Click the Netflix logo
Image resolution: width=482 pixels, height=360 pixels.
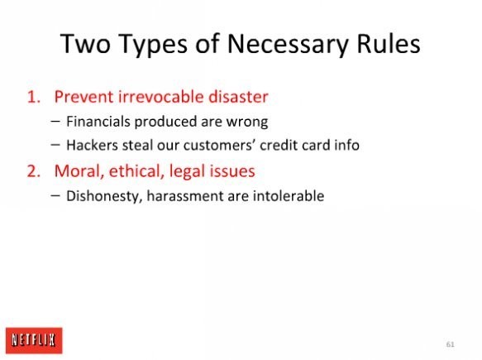[34, 340]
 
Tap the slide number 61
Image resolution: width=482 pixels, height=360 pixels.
[450, 344]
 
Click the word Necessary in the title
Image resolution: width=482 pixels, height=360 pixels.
[288, 45]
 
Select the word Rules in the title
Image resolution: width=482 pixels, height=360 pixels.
[389, 44]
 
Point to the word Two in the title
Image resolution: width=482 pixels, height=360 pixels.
[85, 44]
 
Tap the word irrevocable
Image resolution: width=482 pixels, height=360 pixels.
[160, 96]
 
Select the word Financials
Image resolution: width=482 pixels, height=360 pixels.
[98, 121]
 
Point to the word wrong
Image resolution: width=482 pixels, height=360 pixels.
[247, 122]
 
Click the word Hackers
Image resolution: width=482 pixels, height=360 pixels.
[92, 145]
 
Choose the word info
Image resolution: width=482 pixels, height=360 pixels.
[347, 145]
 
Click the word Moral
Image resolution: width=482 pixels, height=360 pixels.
[79, 171]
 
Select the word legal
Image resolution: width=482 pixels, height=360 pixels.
[187, 171]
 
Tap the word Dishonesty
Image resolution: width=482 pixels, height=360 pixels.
[104, 196]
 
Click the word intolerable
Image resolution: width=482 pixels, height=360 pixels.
[289, 196]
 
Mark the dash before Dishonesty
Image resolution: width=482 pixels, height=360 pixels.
[55, 195]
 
